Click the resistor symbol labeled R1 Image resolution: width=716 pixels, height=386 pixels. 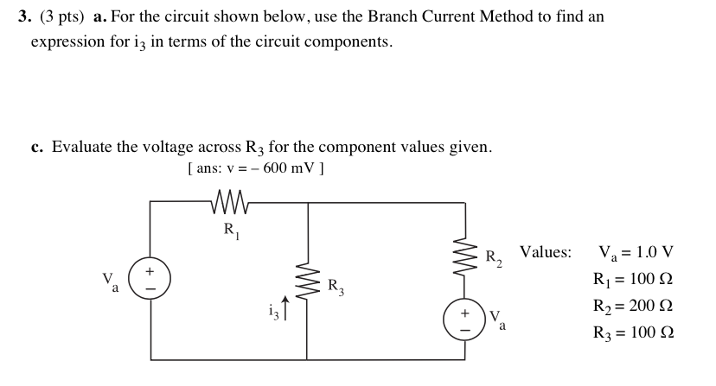(x=230, y=202)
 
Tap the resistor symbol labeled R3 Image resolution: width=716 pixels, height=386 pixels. (x=308, y=281)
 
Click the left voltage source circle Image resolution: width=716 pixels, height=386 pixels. (x=150, y=278)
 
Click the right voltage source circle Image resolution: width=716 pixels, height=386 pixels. (x=464, y=319)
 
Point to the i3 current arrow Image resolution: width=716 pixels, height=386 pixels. (x=286, y=308)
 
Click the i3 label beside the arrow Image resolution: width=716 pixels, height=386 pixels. (x=274, y=312)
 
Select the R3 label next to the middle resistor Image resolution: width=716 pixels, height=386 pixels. (x=336, y=287)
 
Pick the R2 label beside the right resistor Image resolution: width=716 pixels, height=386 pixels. (x=493, y=258)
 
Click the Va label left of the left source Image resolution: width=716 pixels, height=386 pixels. (x=110, y=282)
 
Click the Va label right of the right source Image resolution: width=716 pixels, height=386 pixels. (x=497, y=320)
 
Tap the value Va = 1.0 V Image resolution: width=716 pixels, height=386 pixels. (x=636, y=252)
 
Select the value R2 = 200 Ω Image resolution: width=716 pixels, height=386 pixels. (x=633, y=306)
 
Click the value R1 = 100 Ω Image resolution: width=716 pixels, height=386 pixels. (x=633, y=279)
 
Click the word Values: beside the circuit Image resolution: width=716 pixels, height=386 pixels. (x=545, y=252)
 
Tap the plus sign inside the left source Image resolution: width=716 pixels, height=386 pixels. (x=150, y=271)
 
